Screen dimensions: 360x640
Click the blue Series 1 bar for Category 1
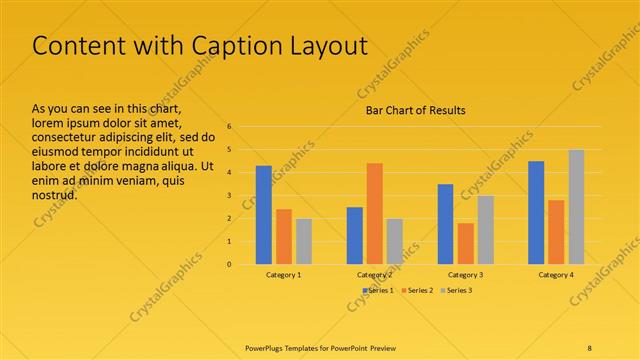264,215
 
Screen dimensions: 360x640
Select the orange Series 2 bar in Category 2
374,213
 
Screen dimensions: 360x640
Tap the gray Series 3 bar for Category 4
576,207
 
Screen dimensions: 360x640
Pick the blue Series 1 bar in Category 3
445,224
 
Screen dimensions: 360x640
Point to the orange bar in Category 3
465,243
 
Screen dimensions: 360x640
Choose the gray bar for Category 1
304,241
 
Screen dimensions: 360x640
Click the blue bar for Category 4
536,212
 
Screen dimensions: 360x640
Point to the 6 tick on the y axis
229,127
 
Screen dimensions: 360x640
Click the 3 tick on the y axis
229,196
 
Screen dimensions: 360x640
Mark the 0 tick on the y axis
229,264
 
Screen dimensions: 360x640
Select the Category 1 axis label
284,274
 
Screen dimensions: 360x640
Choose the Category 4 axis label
556,274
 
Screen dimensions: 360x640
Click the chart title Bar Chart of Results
414,109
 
